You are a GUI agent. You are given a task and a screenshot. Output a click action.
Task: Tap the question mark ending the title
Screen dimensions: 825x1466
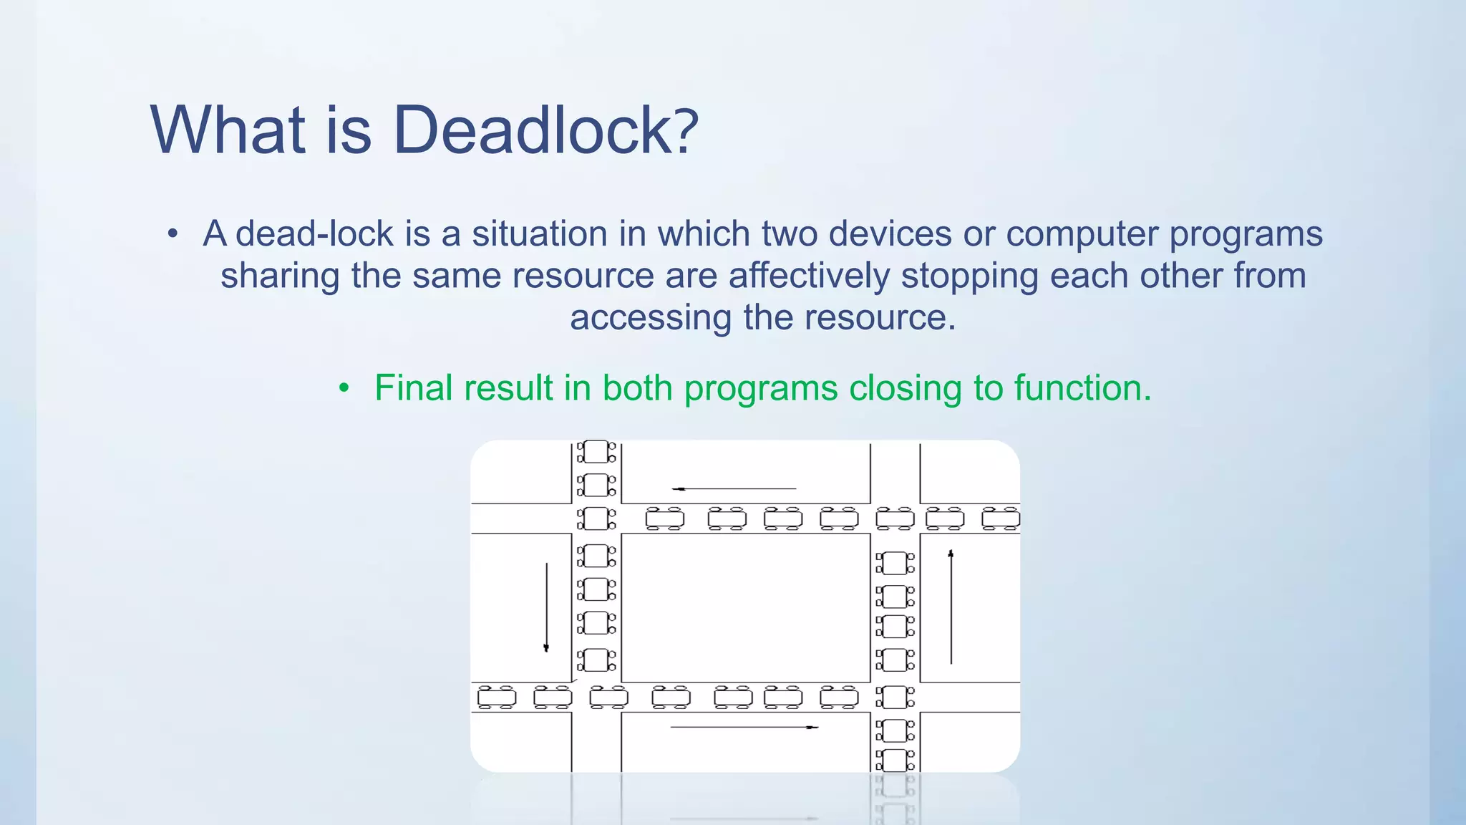pos(686,130)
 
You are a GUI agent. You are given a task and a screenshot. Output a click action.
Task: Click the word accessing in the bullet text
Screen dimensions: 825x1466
pos(650,318)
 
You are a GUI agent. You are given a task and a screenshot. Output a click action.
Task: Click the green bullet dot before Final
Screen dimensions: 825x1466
pos(344,389)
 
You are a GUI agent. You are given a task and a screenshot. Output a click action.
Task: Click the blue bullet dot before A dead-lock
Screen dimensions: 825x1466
pos(172,234)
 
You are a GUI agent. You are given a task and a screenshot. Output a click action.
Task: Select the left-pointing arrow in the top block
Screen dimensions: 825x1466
pos(734,488)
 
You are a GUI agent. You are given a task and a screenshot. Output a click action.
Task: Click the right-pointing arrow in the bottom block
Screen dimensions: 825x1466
pos(744,727)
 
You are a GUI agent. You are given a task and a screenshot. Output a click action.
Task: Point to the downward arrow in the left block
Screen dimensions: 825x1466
pos(546,607)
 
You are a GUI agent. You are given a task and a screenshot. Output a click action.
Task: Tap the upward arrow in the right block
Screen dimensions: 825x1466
pos(951,607)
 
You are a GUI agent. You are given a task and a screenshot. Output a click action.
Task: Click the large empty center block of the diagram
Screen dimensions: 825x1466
pos(745,607)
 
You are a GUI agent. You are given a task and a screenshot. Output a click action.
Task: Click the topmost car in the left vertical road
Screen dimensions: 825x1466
pos(596,452)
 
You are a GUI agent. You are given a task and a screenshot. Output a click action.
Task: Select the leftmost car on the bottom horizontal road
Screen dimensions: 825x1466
pos(496,697)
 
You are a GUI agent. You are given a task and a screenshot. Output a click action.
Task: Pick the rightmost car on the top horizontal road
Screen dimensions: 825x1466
pos(1001,518)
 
